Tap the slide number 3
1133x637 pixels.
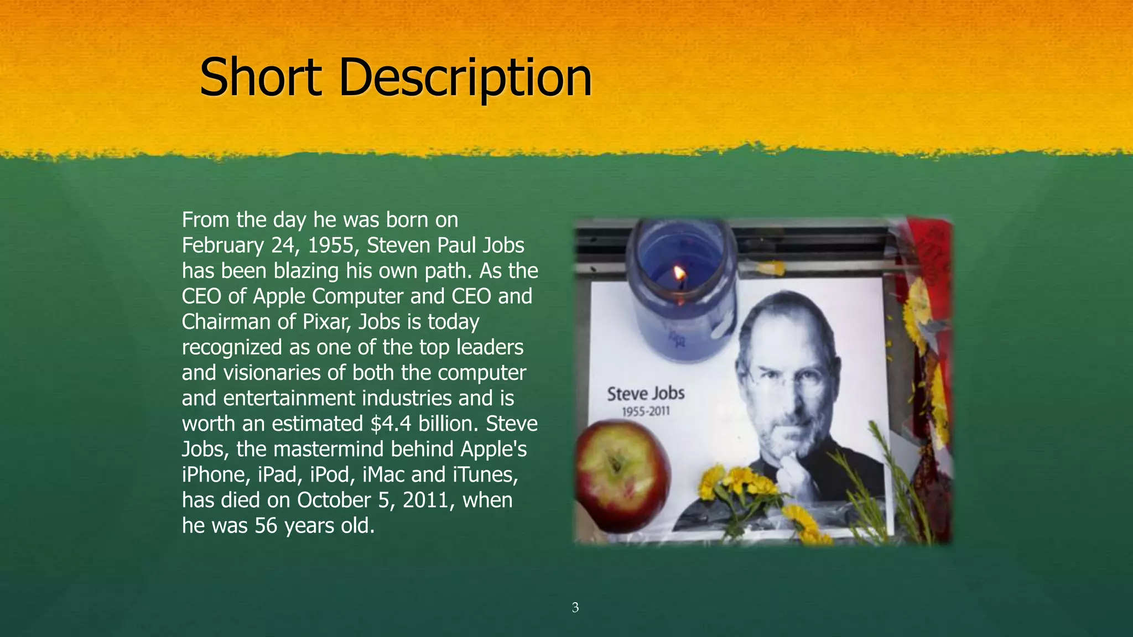coord(575,608)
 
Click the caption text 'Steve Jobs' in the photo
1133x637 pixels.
coord(646,394)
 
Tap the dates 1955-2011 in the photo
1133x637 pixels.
coord(646,412)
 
